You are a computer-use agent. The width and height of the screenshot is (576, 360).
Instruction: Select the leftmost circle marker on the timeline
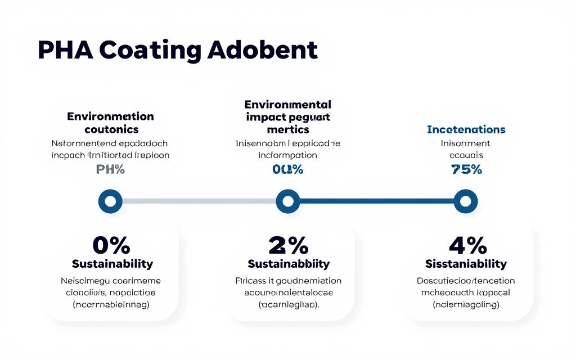tap(110, 201)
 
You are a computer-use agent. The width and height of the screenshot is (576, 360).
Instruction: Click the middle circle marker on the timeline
tap(287, 201)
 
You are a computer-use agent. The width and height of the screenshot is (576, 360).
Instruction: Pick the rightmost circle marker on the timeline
tap(465, 201)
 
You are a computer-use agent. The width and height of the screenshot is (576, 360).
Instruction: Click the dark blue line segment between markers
tap(376, 201)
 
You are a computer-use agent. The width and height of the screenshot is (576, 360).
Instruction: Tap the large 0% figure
tap(111, 245)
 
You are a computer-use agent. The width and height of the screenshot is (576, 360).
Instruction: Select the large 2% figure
tap(289, 245)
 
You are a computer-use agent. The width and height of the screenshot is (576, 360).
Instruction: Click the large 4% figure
tap(467, 245)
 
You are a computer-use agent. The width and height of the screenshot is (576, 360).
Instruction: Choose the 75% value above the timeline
tap(466, 169)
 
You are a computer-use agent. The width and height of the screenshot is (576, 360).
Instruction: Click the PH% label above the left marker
tap(110, 169)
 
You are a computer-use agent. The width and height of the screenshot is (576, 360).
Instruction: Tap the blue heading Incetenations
tap(466, 129)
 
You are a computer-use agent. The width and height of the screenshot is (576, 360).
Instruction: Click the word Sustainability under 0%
tap(112, 264)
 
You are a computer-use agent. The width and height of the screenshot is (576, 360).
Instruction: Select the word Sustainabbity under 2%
tap(289, 264)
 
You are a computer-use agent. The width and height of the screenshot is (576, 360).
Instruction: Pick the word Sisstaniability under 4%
tap(466, 264)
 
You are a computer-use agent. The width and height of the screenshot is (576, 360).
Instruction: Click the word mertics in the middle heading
tap(288, 129)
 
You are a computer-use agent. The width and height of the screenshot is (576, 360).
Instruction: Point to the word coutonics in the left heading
tap(110, 129)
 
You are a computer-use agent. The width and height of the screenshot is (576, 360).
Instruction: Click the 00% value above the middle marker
tap(288, 169)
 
